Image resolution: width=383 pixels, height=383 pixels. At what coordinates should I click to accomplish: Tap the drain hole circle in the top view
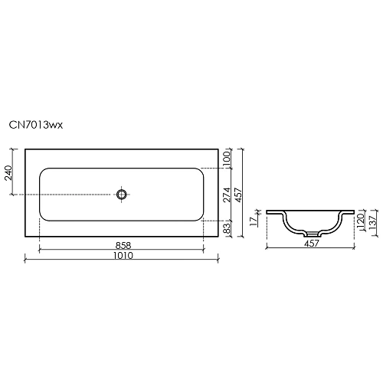[x=121, y=195]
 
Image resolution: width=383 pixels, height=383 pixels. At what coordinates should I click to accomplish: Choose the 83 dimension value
[x=227, y=230]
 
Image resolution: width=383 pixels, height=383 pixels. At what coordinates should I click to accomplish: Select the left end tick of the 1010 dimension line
[x=25, y=261]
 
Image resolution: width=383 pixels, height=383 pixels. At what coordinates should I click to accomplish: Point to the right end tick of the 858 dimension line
[x=204, y=250]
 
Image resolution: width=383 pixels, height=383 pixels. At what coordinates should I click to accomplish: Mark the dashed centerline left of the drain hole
[x=77, y=195]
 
